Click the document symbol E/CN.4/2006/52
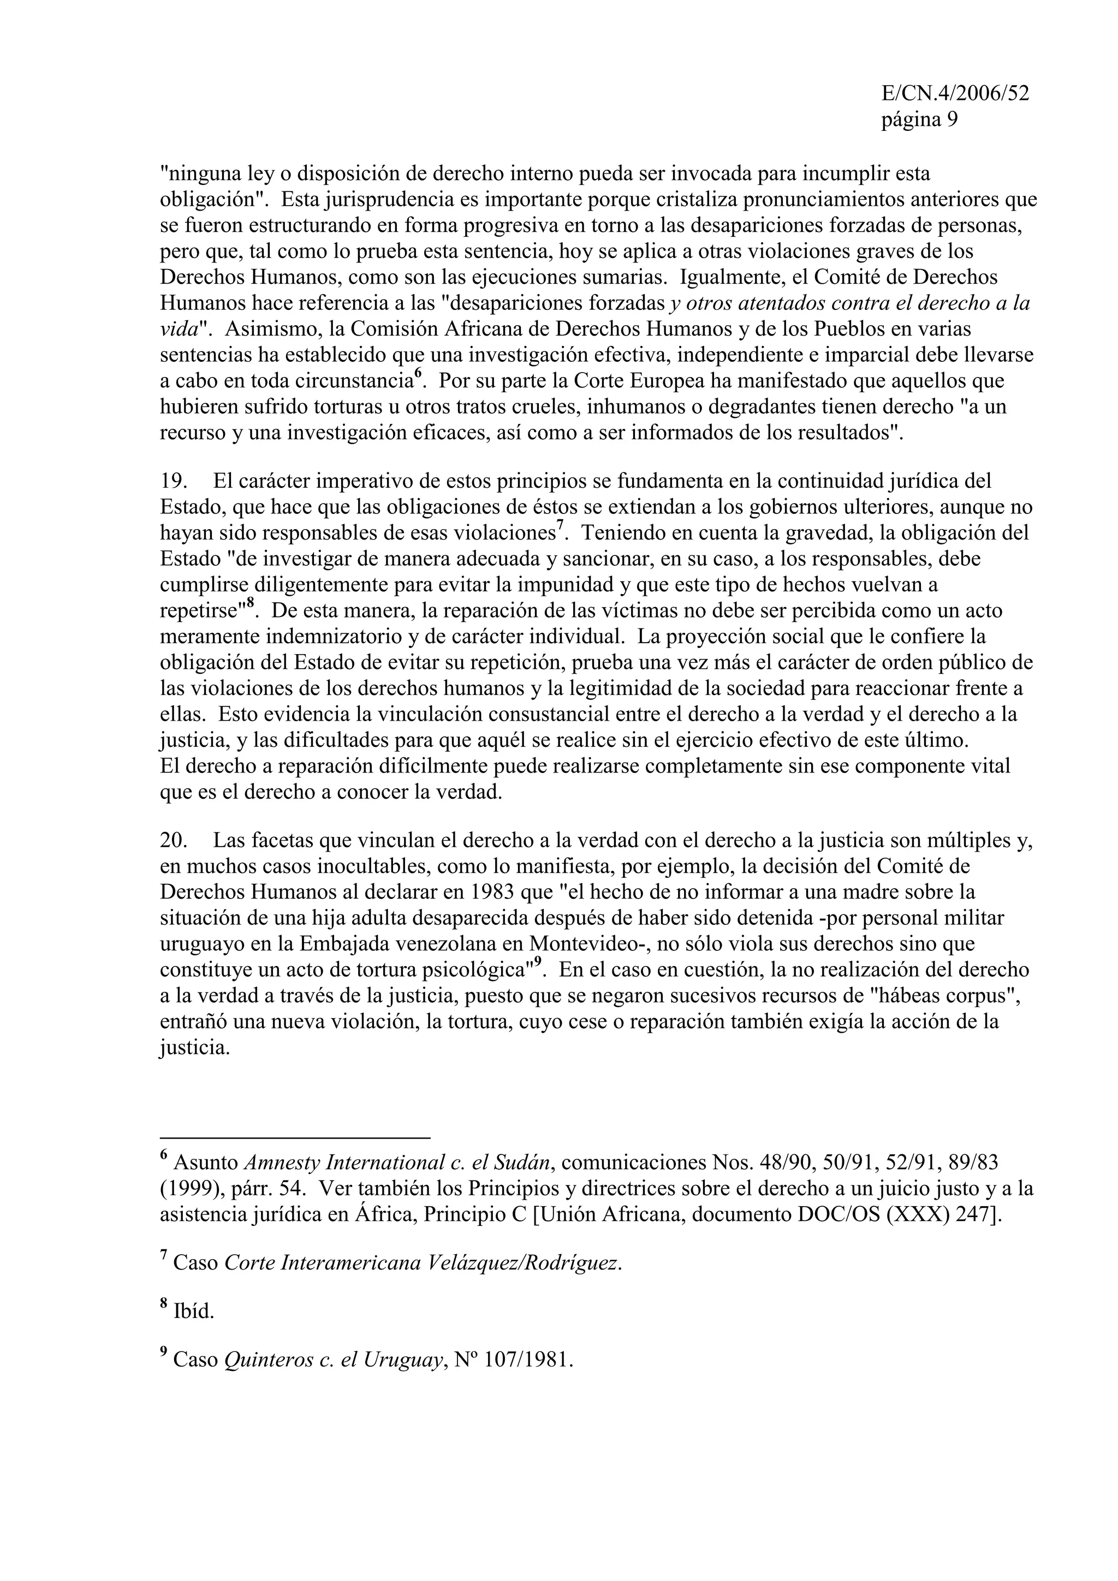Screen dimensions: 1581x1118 click(x=955, y=94)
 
